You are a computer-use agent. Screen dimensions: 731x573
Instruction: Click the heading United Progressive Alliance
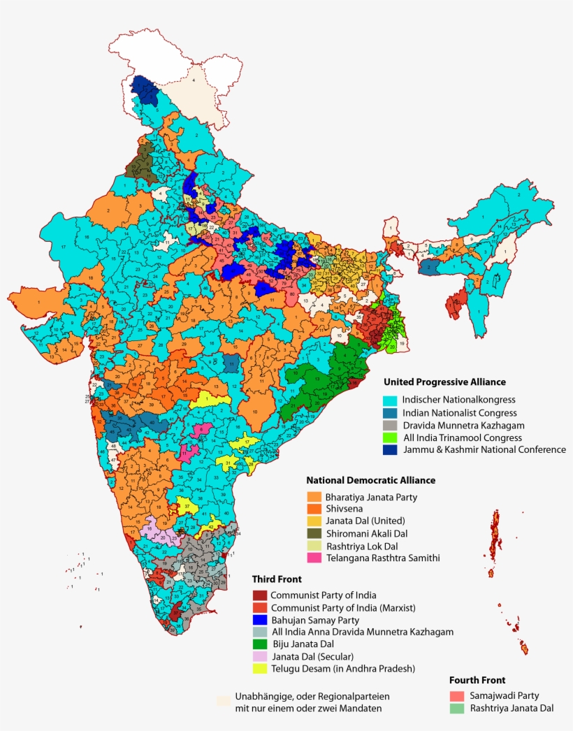pos(444,382)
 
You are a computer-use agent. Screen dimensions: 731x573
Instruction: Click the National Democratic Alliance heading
pos(370,480)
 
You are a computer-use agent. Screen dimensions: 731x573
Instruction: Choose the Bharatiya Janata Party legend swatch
pos(314,497)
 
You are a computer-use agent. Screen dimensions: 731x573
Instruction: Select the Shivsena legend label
pos(344,509)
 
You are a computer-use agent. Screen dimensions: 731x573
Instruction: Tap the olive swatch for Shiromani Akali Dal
pos(314,533)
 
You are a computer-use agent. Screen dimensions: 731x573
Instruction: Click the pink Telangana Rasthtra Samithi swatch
pos(314,558)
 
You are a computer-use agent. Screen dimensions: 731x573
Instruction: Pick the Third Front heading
pos(277,579)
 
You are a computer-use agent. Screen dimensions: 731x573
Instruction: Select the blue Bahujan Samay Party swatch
pos(260,620)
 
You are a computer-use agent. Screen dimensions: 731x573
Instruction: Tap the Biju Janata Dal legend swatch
pos(260,644)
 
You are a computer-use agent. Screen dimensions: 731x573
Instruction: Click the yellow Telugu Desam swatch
pos(260,669)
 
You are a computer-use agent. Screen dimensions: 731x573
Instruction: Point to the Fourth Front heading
pos(477,680)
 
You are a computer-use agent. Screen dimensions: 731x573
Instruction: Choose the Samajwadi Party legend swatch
pos(457,696)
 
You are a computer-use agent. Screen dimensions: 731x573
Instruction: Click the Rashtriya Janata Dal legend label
pos(512,708)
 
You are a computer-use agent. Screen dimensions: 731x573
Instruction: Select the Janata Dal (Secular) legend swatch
pos(260,657)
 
